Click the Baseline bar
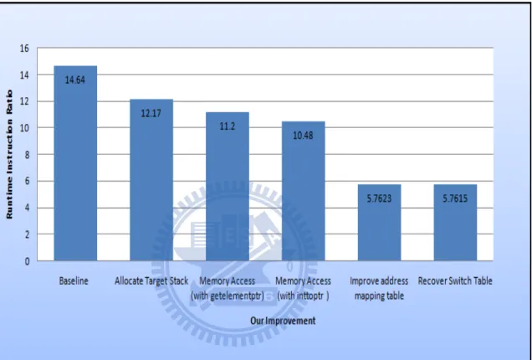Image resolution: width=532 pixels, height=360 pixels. tap(75, 163)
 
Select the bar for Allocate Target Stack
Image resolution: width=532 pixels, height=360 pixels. tap(151, 180)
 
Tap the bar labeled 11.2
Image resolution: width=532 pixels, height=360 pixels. tap(228, 187)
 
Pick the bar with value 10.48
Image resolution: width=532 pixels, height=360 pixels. tap(304, 191)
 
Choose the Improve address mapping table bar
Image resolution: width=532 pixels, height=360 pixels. tap(379, 223)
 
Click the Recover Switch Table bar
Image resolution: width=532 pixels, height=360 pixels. tap(455, 223)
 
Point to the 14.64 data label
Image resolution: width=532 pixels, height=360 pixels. tap(75, 80)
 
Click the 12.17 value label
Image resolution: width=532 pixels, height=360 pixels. tap(151, 113)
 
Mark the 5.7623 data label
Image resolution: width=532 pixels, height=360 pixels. tap(379, 198)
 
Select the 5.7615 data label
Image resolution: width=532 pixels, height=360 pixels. tap(455, 198)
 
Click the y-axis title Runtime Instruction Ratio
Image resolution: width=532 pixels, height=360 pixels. tap(9, 154)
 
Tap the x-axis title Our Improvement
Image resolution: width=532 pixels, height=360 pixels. tap(283, 321)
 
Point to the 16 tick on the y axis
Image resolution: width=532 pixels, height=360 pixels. tap(24, 49)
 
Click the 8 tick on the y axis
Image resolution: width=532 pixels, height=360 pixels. tap(27, 155)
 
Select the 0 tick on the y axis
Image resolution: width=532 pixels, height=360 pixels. tap(27, 261)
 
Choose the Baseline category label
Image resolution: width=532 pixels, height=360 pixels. tap(74, 281)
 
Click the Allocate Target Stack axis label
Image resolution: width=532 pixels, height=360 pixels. tap(151, 281)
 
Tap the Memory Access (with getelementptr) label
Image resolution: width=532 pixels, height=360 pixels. tap(228, 289)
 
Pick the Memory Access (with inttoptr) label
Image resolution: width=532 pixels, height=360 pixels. tap(303, 289)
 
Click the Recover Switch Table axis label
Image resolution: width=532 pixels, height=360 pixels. tap(455, 281)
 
